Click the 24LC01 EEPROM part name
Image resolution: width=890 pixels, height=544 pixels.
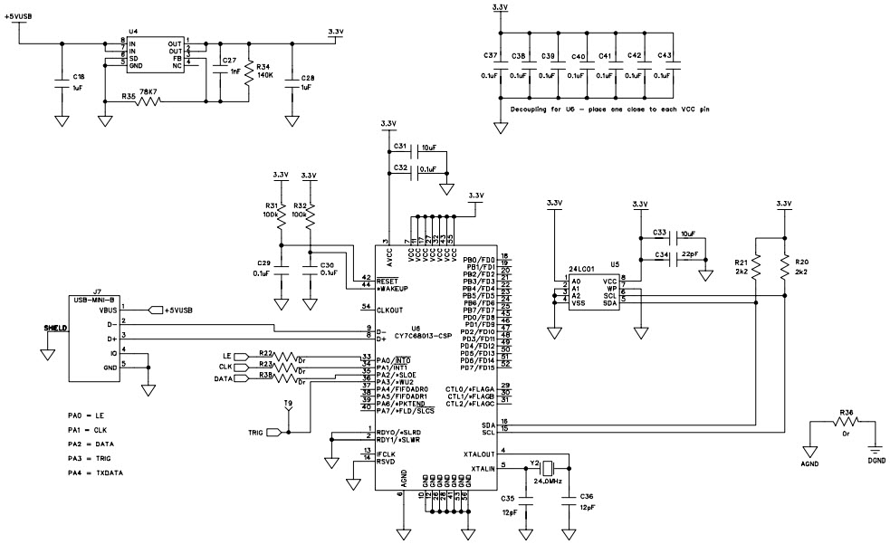point(580,270)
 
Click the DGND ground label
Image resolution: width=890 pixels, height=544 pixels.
point(876,461)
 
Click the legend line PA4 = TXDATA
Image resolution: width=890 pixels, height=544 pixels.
point(96,471)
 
